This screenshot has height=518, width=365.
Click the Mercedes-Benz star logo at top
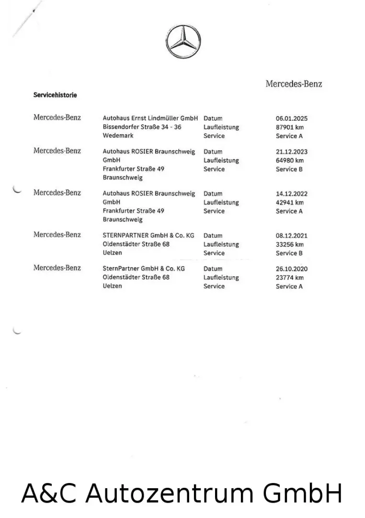pos(183,41)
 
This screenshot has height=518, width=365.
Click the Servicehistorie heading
pos(55,95)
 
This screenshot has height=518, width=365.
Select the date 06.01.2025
pos(292,118)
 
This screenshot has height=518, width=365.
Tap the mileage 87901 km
pos(290,127)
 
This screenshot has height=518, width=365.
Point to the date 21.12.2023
pos(292,152)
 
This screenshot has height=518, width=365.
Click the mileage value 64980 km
pos(290,160)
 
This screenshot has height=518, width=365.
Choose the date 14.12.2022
pos(292,194)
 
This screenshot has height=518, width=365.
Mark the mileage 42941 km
pos(290,202)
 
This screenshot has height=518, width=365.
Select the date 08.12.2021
pos(292,235)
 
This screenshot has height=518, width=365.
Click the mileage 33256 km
pos(290,244)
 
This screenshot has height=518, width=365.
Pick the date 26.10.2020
pos(292,269)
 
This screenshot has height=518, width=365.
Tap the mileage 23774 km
pos(290,278)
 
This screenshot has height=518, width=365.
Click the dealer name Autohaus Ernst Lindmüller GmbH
pos(150,118)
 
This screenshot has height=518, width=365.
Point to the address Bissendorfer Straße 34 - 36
pos(142,127)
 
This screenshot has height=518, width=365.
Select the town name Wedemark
pos(118,136)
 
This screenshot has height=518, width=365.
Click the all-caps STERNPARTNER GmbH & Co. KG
pos(148,235)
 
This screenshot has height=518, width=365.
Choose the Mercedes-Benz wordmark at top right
pos(294,84)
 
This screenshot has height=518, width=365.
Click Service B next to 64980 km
pos(289,169)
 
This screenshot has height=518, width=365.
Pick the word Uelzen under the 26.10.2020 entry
pos(113,286)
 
